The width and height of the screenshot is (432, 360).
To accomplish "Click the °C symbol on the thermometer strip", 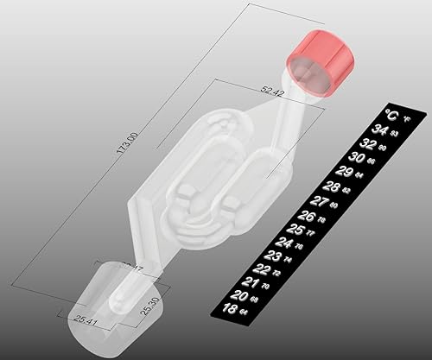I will [391, 115].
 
